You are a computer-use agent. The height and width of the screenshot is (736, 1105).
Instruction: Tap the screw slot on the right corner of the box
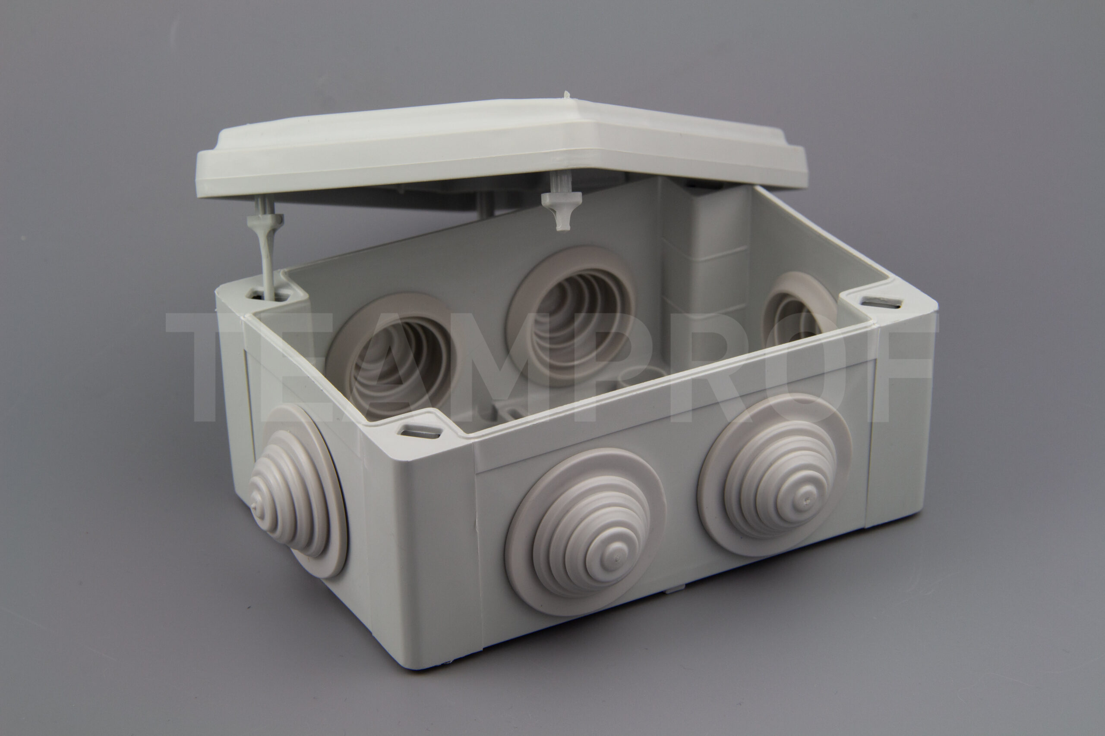click(x=881, y=303)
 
